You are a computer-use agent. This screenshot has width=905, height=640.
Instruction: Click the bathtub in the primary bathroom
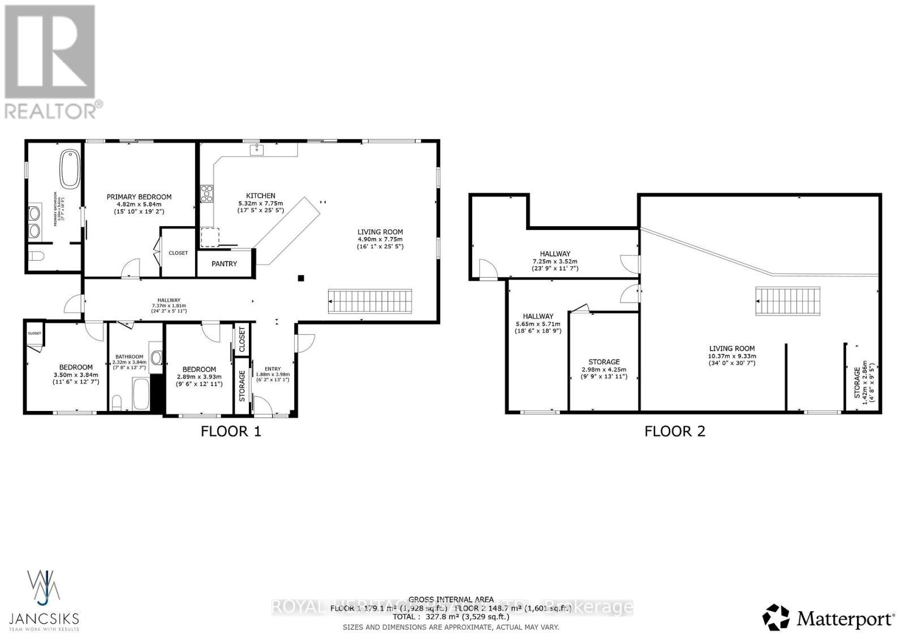point(71,168)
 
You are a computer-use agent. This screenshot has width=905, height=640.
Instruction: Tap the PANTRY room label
point(224,264)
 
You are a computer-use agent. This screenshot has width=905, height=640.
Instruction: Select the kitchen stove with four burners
point(207,193)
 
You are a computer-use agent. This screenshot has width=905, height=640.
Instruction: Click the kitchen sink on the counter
point(257,149)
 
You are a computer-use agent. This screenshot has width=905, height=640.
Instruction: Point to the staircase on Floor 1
point(370,301)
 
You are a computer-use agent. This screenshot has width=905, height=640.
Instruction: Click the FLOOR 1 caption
point(231,432)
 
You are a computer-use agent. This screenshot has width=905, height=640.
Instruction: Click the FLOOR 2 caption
point(675,432)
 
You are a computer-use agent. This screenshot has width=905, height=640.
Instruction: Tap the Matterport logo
point(829,618)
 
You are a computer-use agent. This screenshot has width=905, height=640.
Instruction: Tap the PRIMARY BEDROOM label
point(139,197)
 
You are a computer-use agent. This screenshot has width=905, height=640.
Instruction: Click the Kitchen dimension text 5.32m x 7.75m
point(260,203)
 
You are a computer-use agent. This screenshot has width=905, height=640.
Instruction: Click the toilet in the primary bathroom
point(36,257)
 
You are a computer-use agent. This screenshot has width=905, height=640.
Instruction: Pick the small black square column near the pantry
point(301,278)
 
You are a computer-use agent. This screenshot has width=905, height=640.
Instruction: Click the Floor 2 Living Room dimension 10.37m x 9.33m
point(732,356)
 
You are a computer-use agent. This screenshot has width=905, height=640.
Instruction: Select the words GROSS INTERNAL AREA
point(451,599)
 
